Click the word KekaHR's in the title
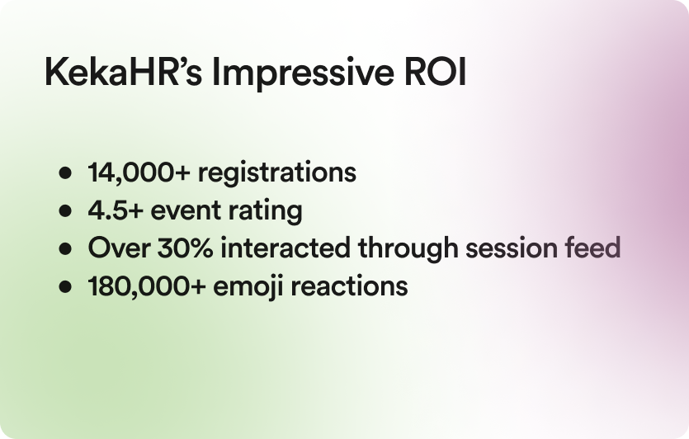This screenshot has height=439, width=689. (x=124, y=72)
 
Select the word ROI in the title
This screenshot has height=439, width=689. (x=435, y=72)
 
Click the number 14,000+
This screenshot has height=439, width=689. (x=139, y=172)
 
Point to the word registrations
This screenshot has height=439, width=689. (x=276, y=173)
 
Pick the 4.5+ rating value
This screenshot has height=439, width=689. (x=116, y=210)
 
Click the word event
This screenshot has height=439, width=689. (x=186, y=211)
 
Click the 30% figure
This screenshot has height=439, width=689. (x=185, y=248)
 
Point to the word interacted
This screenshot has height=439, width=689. (x=286, y=248)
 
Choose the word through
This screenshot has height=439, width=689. (x=408, y=249)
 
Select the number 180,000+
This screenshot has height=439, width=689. (x=147, y=286)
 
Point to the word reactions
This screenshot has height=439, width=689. (x=349, y=286)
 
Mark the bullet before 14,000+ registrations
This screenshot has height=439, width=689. (x=65, y=172)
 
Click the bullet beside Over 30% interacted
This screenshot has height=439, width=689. (x=65, y=248)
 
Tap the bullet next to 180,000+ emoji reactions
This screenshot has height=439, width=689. (x=65, y=287)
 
